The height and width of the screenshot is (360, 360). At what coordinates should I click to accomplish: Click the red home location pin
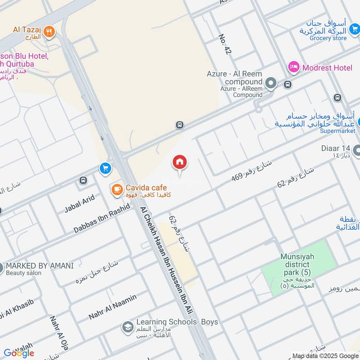point(180,163)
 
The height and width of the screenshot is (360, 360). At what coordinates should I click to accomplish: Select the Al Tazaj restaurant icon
point(50,32)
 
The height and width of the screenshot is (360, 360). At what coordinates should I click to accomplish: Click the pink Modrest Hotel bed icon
point(294,67)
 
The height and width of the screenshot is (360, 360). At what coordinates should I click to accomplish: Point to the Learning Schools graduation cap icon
point(128,326)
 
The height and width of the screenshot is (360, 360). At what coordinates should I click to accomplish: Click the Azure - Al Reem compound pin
point(270,83)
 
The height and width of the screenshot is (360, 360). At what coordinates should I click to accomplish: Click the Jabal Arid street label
point(79,203)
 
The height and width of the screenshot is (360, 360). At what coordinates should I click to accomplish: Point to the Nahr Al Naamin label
point(112,307)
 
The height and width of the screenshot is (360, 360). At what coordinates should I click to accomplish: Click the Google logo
point(18,353)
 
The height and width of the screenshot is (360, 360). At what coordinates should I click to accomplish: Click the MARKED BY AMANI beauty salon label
point(40,265)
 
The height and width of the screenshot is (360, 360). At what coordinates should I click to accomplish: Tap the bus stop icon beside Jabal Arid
point(83,180)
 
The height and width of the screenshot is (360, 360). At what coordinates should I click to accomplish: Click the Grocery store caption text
point(328,38)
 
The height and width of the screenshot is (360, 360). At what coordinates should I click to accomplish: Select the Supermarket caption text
point(337,131)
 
